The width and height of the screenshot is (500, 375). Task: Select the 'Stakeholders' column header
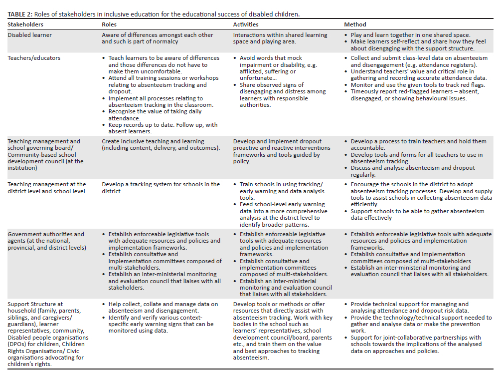coord(25,24)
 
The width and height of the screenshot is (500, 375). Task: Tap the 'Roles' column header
coord(110,24)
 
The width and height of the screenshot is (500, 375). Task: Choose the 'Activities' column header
coord(246,24)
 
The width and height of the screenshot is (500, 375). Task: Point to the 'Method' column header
coord(355,24)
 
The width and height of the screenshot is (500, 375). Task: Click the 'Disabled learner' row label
coord(29,35)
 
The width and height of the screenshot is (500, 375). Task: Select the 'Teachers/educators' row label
coord(34,58)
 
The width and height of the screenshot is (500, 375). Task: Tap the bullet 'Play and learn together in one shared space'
coord(410,35)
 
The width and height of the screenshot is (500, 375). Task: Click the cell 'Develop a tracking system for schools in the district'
coord(161,187)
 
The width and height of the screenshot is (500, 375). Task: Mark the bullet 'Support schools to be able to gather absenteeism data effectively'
coord(417,215)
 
